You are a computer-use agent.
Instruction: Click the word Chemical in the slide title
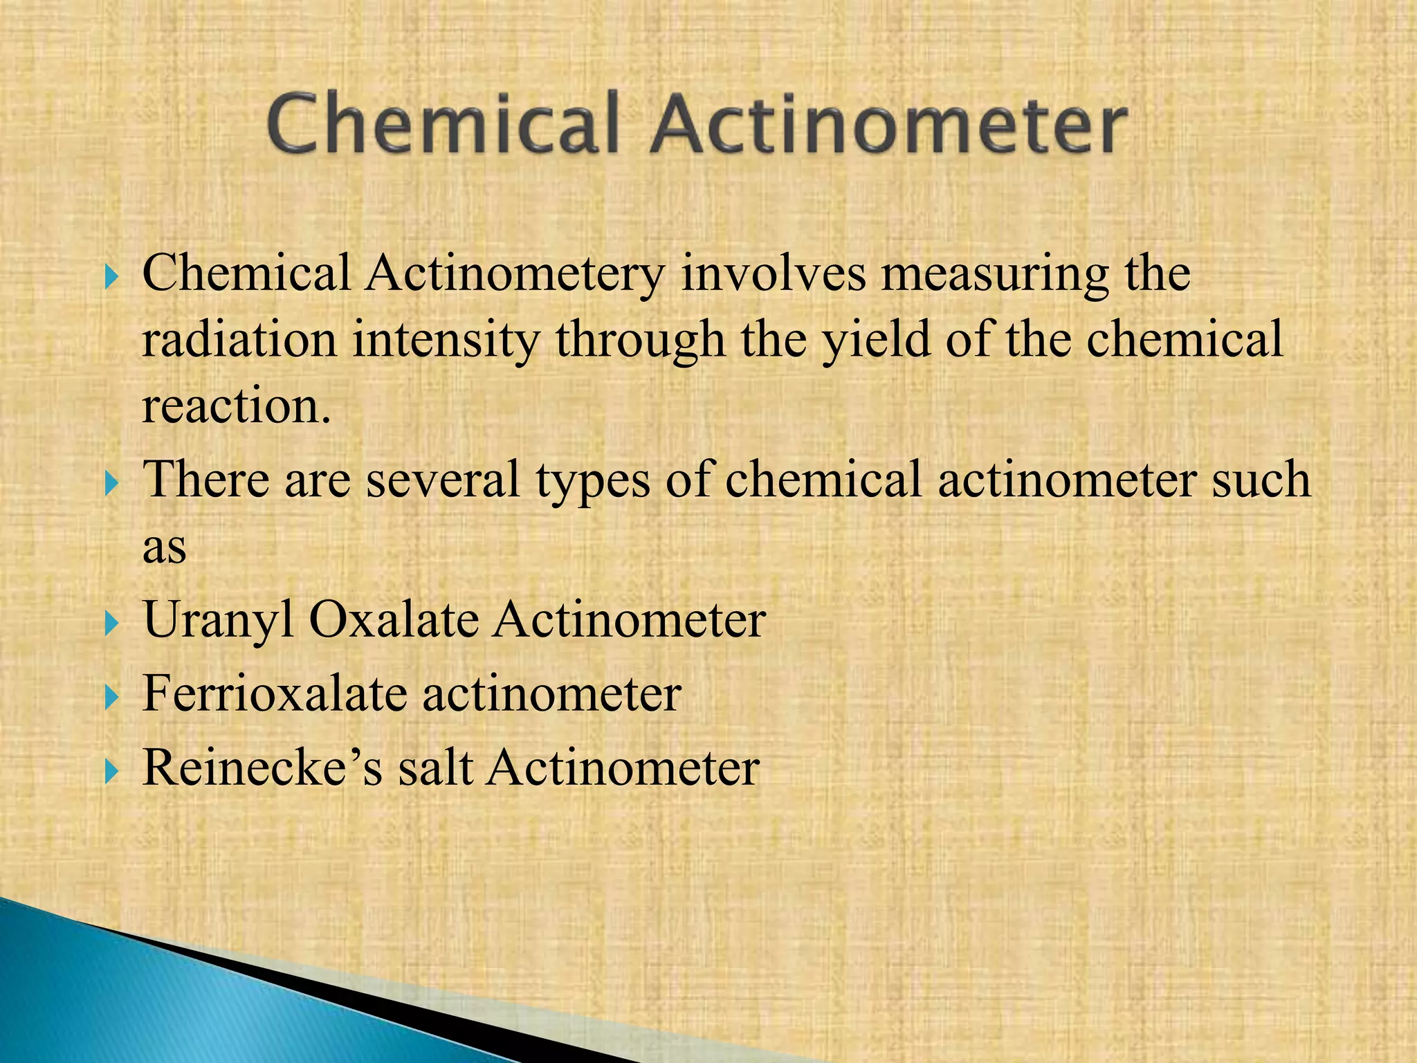(x=442, y=125)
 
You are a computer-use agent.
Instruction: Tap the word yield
(x=875, y=340)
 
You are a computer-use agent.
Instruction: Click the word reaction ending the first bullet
(x=235, y=406)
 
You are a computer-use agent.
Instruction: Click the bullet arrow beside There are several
(x=111, y=482)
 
